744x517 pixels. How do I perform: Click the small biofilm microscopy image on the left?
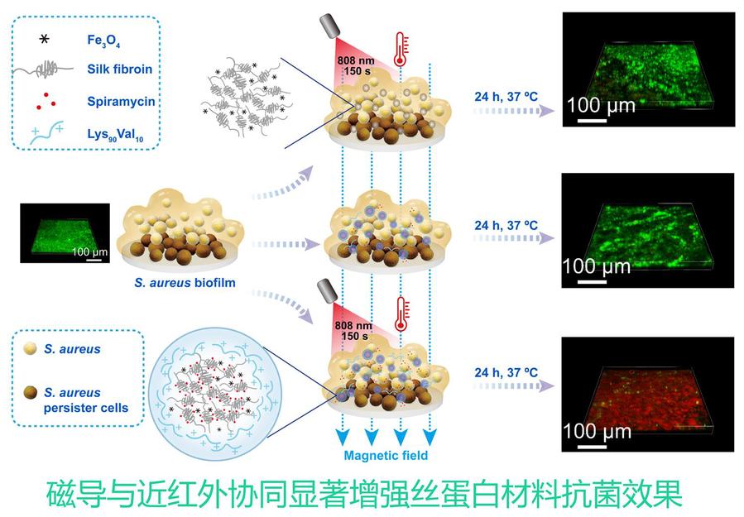click(x=64, y=234)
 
